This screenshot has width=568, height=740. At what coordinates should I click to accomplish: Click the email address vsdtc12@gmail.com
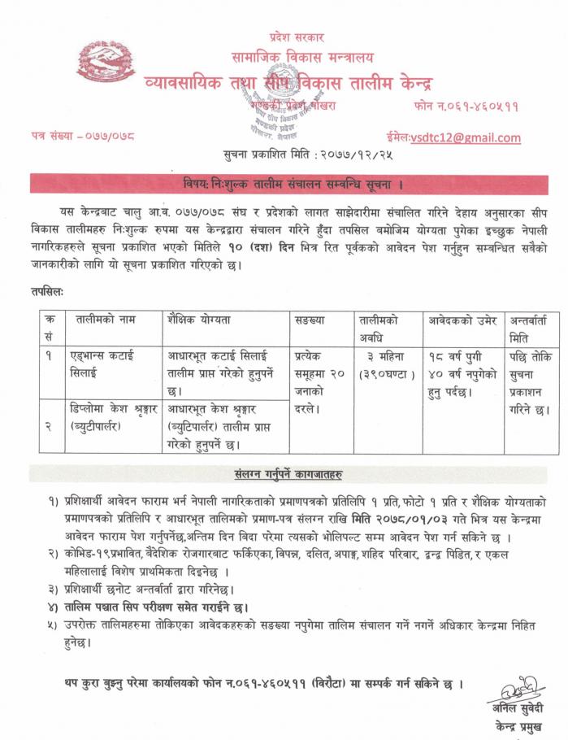[x=466, y=137]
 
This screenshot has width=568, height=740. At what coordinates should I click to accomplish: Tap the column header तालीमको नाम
[x=104, y=320]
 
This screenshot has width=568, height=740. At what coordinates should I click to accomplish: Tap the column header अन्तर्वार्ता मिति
[x=531, y=328]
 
